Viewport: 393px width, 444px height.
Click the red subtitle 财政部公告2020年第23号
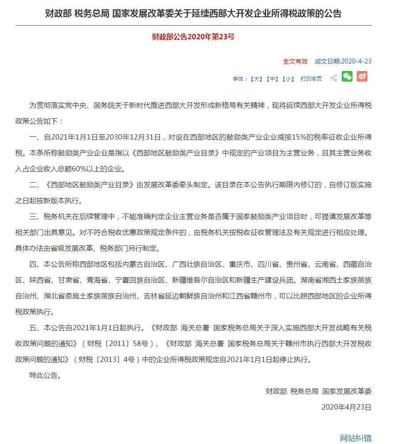click(x=193, y=37)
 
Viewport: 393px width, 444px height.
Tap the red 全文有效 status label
click(x=295, y=61)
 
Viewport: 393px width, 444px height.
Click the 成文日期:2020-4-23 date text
click(x=343, y=61)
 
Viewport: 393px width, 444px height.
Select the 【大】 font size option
click(x=256, y=79)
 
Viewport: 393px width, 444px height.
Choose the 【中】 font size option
click(x=272, y=79)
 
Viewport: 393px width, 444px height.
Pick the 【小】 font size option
click(x=288, y=79)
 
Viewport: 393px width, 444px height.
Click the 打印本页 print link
click(x=311, y=79)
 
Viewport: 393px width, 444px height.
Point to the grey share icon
click(x=333, y=78)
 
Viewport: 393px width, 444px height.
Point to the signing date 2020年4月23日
click(x=346, y=407)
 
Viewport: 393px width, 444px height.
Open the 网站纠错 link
click(x=355, y=438)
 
